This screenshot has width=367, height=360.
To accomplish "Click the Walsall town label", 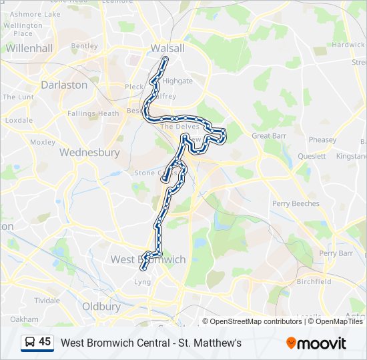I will [x=167, y=48].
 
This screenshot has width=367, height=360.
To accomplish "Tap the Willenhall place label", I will [x=29, y=48].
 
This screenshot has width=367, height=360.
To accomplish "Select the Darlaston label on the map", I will [x=64, y=85].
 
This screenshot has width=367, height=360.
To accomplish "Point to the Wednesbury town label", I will [x=89, y=153].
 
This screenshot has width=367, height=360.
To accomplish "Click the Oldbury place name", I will [x=101, y=307].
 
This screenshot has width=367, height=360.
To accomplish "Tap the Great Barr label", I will [x=269, y=136].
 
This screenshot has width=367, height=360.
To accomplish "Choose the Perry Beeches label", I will [x=296, y=203].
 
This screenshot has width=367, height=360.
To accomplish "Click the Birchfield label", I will [x=314, y=281].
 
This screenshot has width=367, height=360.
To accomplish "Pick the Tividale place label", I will [x=47, y=300].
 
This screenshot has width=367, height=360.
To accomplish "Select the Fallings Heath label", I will [x=93, y=113].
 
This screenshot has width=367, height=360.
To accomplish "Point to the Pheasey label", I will [x=323, y=140].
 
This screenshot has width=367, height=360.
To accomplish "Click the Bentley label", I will [x=84, y=46].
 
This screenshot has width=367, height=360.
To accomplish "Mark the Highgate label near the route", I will [x=177, y=81].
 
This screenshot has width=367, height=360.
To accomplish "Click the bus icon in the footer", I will [x=30, y=343].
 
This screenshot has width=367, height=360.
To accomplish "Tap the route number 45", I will [x=45, y=342].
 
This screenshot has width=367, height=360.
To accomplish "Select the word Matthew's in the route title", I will [x=216, y=343].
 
